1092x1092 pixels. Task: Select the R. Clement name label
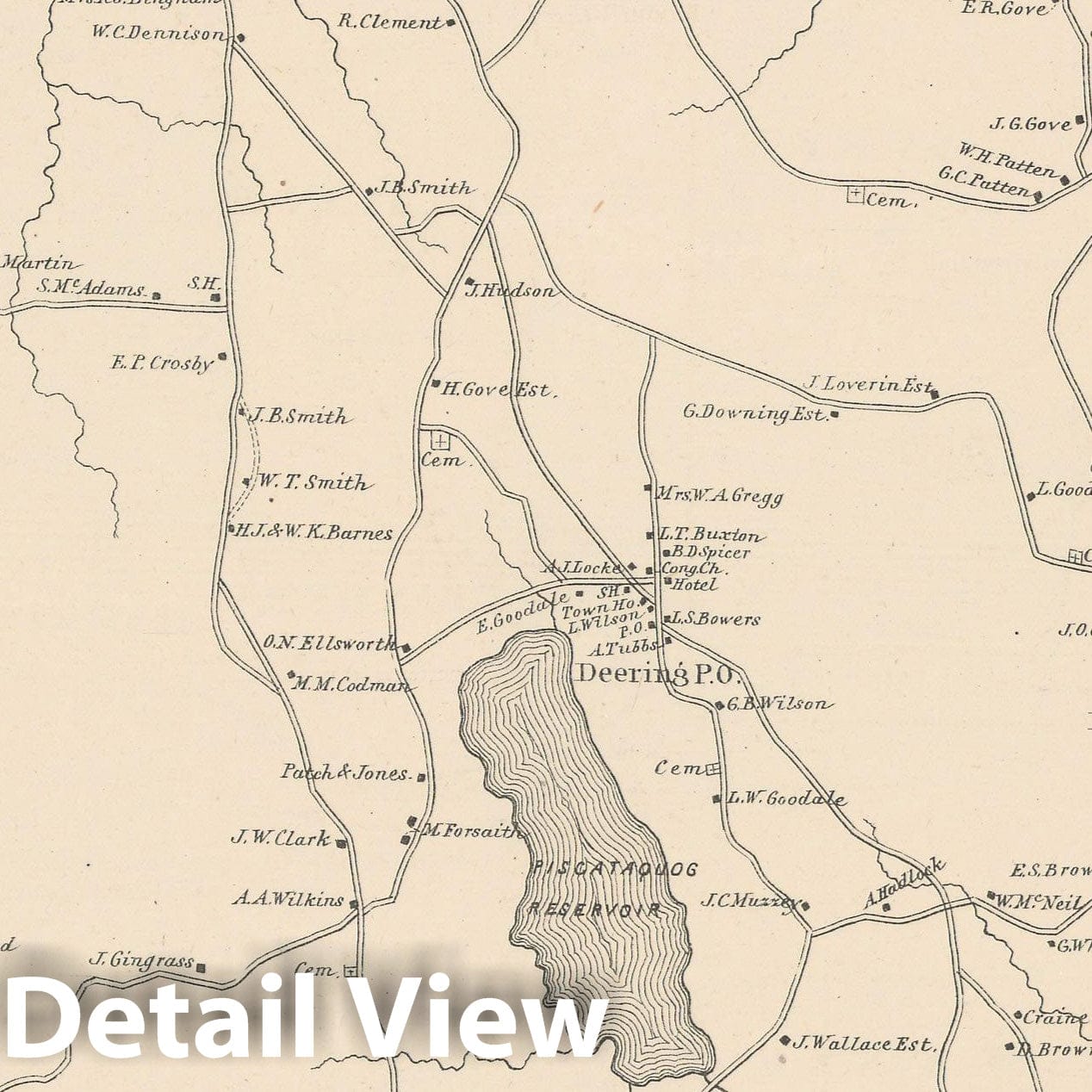pyautogui.click(x=389, y=22)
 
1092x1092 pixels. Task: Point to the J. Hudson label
pyautogui.click(x=511, y=291)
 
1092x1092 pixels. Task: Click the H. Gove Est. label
pyautogui.click(x=496, y=390)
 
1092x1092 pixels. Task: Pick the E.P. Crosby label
pyautogui.click(x=162, y=363)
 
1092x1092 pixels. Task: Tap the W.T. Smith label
pyautogui.click(x=312, y=482)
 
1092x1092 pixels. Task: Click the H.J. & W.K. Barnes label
pyautogui.click(x=313, y=533)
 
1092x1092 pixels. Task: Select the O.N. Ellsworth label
pyautogui.click(x=329, y=642)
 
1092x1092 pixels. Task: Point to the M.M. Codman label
pyautogui.click(x=351, y=686)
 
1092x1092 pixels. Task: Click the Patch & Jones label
pyautogui.click(x=344, y=772)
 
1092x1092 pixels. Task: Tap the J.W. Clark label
pyautogui.click(x=280, y=837)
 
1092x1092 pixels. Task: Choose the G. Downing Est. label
pyautogui.click(x=754, y=413)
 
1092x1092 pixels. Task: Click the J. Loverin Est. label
pyautogui.click(x=868, y=384)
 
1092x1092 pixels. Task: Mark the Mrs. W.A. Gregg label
pyautogui.click(x=720, y=496)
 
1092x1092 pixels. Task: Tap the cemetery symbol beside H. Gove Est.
pyautogui.click(x=440, y=442)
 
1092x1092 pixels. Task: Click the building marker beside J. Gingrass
pyautogui.click(x=202, y=967)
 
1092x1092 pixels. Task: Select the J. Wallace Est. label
pyautogui.click(x=862, y=1044)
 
